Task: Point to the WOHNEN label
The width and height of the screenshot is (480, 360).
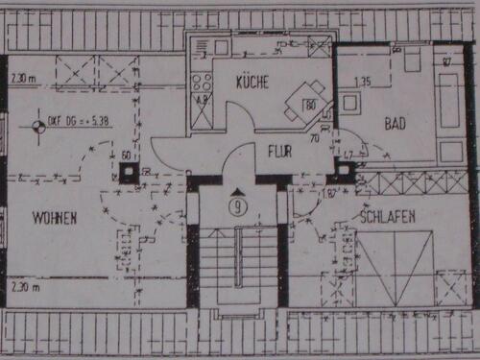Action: [x=53, y=218]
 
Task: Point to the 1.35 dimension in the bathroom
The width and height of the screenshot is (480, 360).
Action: [x=363, y=81]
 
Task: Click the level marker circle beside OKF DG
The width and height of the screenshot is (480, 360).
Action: [x=38, y=122]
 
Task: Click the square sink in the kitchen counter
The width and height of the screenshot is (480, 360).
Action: [x=221, y=46]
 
